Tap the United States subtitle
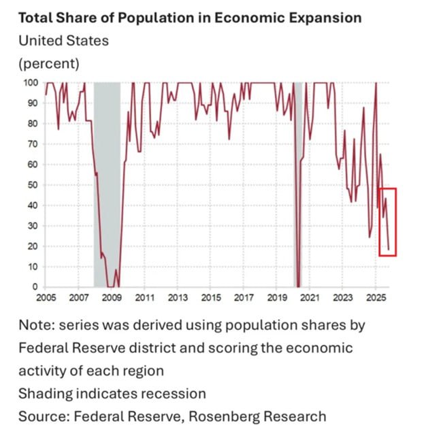tap(63, 41)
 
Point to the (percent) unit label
tap(50, 64)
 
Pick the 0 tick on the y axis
tap(36, 287)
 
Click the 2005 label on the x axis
tap(45, 298)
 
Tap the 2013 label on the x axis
tap(178, 298)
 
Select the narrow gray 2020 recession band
tap(297, 184)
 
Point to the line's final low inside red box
tap(389, 250)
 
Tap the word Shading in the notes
tap(43, 394)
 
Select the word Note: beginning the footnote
tap(35, 325)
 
